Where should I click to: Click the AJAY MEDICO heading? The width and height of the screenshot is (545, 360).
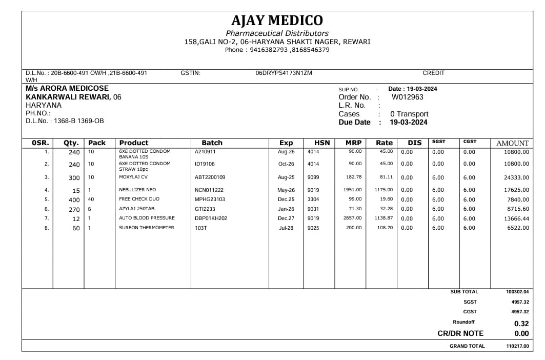coord(277,21)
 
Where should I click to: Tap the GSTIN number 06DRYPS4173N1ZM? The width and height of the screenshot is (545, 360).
coord(284,73)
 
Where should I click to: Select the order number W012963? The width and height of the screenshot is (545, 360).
coord(408,97)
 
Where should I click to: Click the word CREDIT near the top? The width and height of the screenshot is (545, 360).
coord(433,73)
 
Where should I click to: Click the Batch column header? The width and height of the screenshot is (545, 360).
coord(212,143)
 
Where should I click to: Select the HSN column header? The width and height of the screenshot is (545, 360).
coord(322,143)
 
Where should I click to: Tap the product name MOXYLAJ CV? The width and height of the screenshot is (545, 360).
coord(134,177)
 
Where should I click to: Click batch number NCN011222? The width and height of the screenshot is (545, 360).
coord(209,190)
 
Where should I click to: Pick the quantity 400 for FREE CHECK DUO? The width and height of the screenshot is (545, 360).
coord(74,199)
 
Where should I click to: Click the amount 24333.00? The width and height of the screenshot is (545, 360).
coord(516,177)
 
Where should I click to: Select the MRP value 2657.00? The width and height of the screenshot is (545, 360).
coord(352,218)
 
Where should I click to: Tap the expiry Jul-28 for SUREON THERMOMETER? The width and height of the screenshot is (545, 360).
coord(286,228)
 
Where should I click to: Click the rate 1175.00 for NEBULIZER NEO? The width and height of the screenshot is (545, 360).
coord(383,190)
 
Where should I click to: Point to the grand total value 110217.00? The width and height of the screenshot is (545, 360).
coord(517,346)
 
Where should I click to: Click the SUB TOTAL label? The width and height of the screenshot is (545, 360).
coord(464,292)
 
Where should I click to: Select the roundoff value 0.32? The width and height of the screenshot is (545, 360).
coord(521,324)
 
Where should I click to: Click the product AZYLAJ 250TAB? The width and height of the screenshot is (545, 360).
coord(137,209)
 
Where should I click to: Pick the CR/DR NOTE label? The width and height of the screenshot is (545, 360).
coord(460,333)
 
